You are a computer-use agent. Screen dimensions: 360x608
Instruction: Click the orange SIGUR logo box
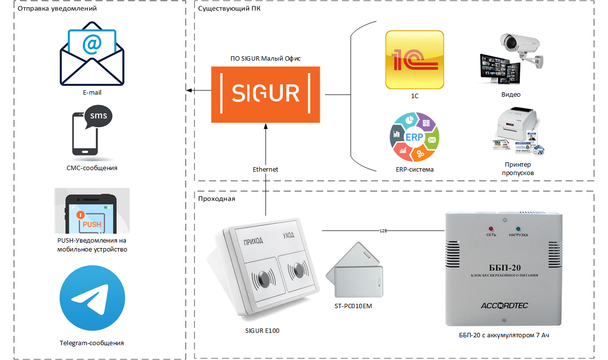point(266,94)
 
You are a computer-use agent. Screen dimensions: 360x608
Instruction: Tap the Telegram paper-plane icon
point(92,298)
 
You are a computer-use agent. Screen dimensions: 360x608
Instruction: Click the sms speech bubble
point(98,117)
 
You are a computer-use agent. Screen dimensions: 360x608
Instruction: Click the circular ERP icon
point(414,137)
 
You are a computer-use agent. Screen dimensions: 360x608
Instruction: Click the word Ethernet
point(266,169)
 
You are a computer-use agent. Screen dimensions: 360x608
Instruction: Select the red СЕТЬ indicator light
point(491,228)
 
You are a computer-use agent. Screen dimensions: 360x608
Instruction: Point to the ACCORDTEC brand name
point(504,306)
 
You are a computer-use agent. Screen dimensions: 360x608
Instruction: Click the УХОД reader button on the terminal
point(298,270)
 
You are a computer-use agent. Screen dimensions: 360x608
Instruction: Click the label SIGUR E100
point(262,330)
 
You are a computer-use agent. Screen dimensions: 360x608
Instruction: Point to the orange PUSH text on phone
point(92,224)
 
